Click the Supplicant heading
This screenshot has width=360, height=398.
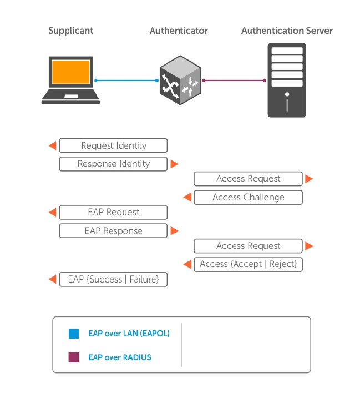click(71, 31)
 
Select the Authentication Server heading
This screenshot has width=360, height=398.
click(287, 31)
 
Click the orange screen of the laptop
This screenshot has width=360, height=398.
click(70, 72)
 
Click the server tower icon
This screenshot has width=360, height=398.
click(287, 80)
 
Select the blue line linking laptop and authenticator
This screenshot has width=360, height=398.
click(126, 80)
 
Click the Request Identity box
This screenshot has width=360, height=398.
click(113, 145)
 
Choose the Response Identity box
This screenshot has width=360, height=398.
click(113, 164)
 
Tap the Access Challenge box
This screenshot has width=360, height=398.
click(248, 197)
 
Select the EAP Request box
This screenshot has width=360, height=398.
click(113, 212)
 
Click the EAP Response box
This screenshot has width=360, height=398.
click(113, 231)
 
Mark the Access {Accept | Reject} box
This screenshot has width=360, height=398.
click(248, 264)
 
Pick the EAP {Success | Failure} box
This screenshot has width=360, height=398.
click(113, 279)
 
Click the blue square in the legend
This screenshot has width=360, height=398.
click(74, 334)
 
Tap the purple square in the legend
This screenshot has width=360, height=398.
click(74, 357)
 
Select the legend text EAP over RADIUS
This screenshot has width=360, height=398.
click(119, 357)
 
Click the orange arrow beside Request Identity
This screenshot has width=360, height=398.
click(52, 145)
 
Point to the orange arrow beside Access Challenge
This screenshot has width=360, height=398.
click(187, 197)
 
